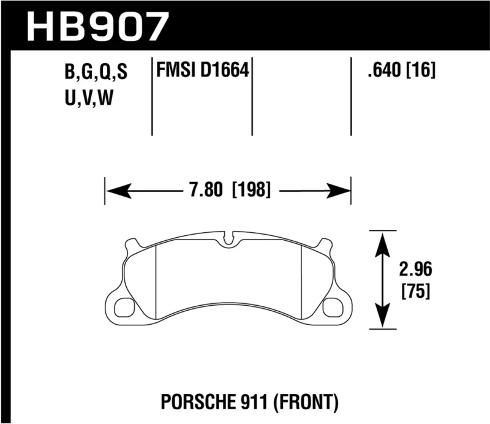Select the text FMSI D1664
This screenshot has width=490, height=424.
pyautogui.click(x=203, y=72)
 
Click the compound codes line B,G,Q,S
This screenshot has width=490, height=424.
pyautogui.click(x=94, y=74)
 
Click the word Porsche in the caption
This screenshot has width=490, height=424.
pyautogui.click(x=192, y=402)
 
